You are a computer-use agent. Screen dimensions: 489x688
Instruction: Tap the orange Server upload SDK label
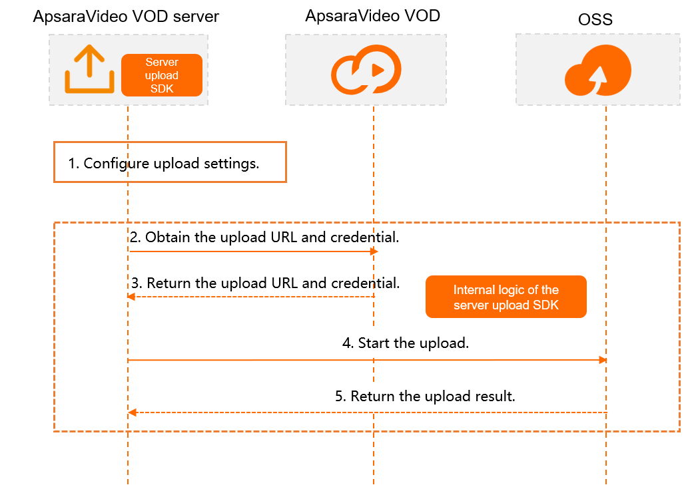(x=162, y=75)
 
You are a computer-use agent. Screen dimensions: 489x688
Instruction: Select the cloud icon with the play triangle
(x=366, y=71)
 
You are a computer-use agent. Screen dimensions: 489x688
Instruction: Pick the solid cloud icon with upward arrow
(x=597, y=71)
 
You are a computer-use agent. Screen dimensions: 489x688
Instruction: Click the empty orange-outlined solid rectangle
(x=170, y=162)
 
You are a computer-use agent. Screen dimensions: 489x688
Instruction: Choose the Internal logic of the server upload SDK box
(x=506, y=297)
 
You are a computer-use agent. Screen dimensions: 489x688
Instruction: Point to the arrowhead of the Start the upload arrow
(x=603, y=360)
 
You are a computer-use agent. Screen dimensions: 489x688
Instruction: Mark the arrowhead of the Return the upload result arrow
(x=131, y=412)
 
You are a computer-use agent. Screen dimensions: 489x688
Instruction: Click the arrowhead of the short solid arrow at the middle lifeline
(x=375, y=251)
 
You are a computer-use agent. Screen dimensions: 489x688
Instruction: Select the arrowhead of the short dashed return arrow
(x=131, y=297)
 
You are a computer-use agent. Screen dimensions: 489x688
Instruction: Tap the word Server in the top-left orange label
(x=162, y=63)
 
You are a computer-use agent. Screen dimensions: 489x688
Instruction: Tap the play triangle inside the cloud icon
(x=377, y=69)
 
